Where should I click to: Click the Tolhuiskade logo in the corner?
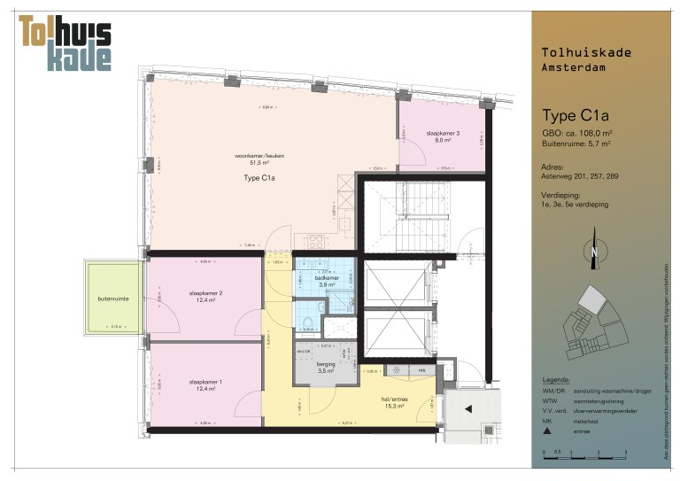pos(66,43)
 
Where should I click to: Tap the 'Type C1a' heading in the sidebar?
pos(576,115)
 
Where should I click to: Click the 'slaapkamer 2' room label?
pos(205,293)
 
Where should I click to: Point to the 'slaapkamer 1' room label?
pos(205,382)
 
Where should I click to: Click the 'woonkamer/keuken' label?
pos(259,155)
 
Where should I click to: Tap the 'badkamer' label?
pos(327,278)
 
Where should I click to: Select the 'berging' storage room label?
pos(327,364)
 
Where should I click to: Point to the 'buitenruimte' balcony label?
pos(113,299)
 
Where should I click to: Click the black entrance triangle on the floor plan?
pos(467,408)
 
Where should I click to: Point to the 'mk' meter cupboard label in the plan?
pos(421,369)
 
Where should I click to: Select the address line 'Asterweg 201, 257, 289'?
pos(580,176)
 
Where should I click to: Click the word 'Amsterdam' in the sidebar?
pos(574,68)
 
